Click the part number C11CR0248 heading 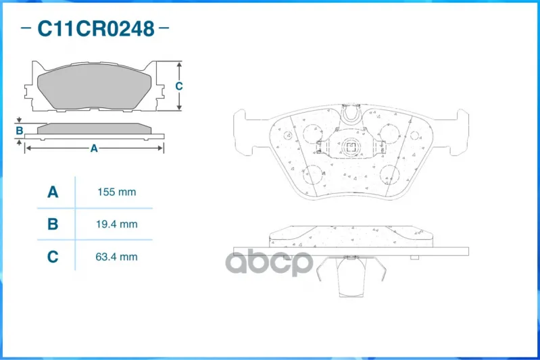coord(95,28)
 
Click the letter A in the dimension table coord(53,192)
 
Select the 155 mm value coord(117,192)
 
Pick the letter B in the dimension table coord(53,224)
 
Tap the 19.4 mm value coord(117,224)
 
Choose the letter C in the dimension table coord(53,257)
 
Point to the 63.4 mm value coord(116,257)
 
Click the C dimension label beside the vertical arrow coord(178,86)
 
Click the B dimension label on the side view coord(20,130)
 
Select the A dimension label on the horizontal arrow coord(94,149)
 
